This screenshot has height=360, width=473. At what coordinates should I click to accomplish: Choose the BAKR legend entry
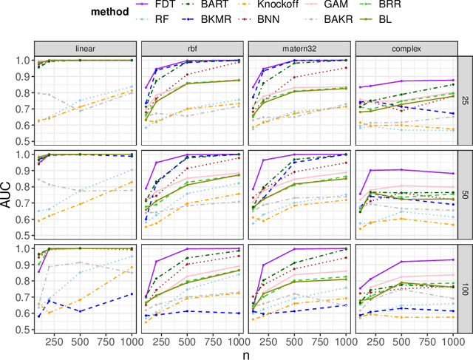tap(347, 21)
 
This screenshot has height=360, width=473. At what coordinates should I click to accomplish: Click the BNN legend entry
tap(289, 21)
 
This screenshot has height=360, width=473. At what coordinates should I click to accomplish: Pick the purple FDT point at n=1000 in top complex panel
tap(452, 80)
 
